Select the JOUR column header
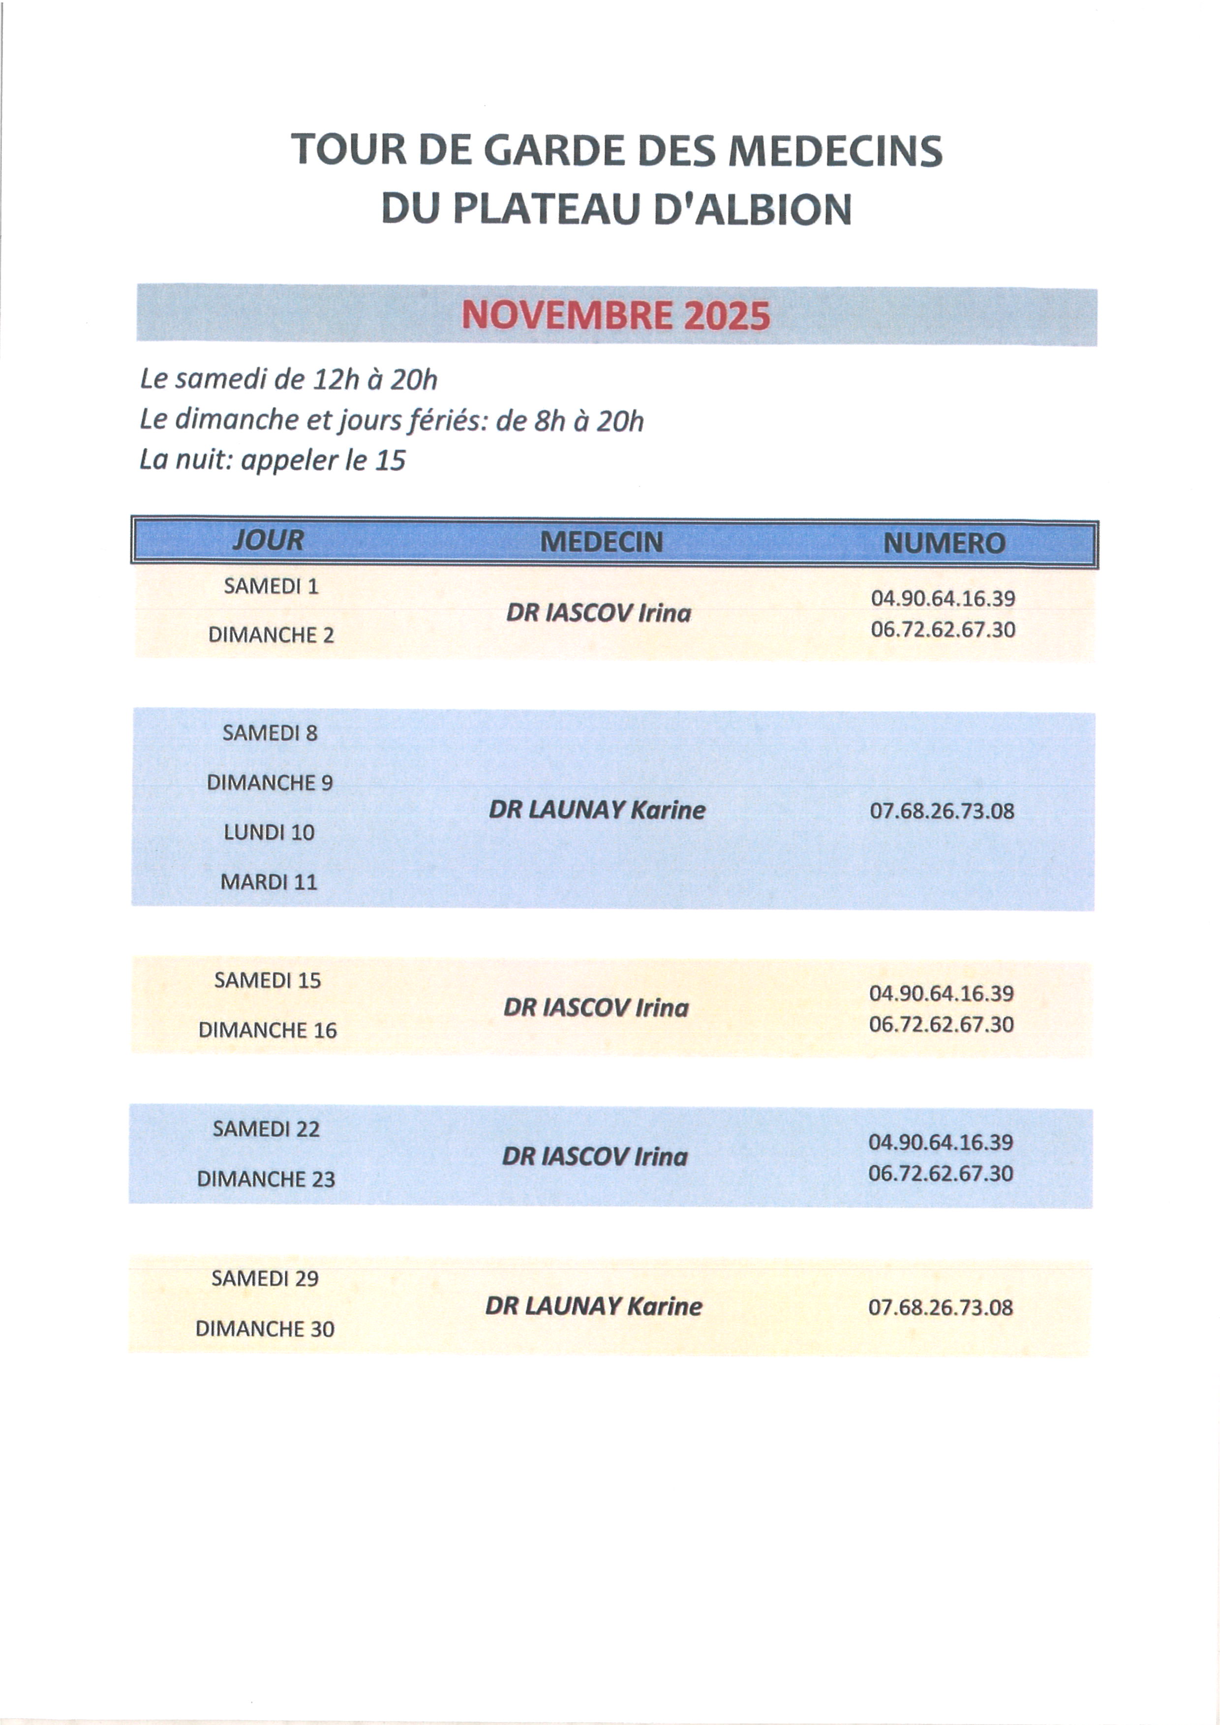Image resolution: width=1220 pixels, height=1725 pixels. (x=268, y=540)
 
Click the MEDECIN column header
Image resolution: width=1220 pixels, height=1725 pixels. (x=601, y=542)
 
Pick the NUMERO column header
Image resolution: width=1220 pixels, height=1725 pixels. (x=944, y=543)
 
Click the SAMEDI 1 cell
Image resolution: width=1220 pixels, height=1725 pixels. (x=271, y=586)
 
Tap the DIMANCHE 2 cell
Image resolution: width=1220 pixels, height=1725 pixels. (x=271, y=635)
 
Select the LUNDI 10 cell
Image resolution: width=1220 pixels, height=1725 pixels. (x=269, y=832)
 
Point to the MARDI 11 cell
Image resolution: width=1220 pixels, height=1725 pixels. (x=269, y=881)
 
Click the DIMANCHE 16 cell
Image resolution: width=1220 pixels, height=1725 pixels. (x=268, y=1029)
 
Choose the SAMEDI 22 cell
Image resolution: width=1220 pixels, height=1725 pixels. (x=266, y=1128)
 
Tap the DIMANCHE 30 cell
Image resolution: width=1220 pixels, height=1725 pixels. (x=265, y=1329)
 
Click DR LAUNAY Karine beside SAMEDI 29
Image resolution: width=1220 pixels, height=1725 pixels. (x=593, y=1306)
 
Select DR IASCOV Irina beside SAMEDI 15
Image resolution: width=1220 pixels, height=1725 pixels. (x=596, y=1007)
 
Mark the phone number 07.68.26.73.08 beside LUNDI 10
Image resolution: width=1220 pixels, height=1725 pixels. (x=942, y=811)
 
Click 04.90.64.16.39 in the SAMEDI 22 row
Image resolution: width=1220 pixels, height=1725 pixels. (x=941, y=1142)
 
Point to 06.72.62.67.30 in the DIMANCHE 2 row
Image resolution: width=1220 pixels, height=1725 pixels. (x=943, y=629)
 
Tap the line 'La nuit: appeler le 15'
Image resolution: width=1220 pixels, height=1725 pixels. (x=273, y=460)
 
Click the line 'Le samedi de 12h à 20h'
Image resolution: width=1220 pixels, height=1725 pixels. (x=288, y=379)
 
